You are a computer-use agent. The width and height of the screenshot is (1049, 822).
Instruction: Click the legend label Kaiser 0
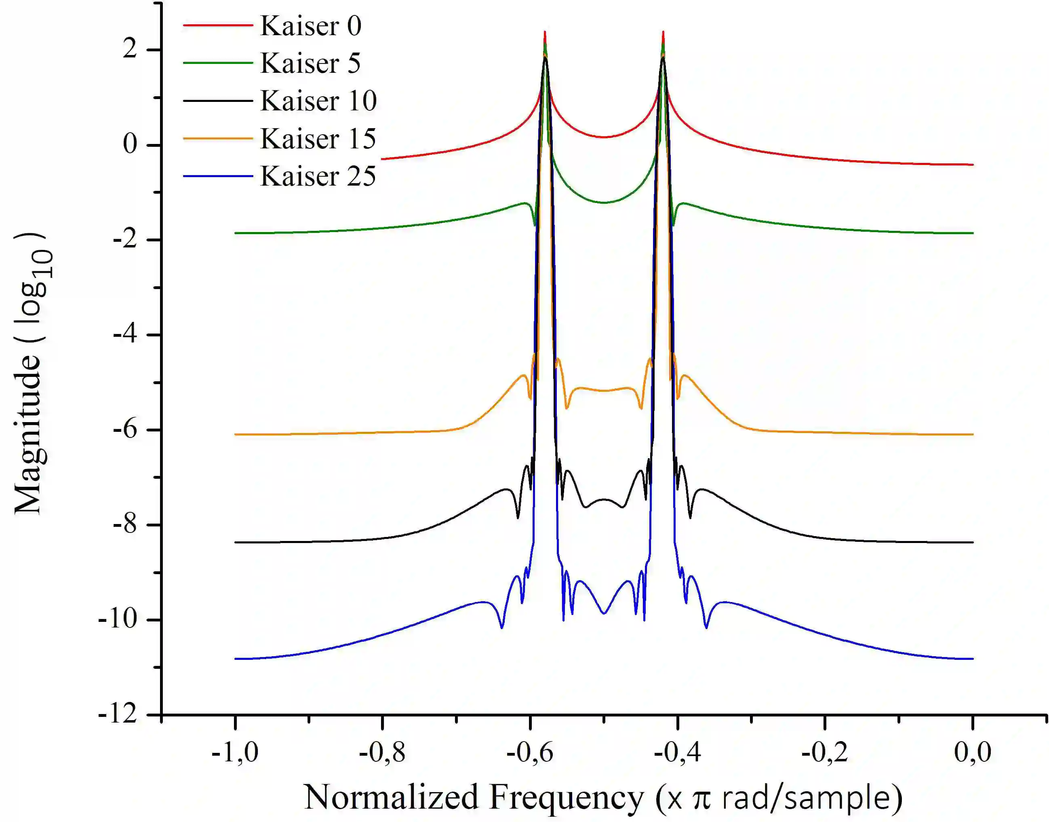310,26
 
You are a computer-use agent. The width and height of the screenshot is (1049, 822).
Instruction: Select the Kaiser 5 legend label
310,63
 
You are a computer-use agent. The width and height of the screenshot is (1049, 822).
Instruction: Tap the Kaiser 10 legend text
318,101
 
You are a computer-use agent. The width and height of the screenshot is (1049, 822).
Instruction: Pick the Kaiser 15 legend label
318,139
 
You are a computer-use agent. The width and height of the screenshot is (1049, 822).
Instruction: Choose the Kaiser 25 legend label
318,177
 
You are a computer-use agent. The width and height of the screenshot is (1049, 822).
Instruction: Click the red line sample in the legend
218,25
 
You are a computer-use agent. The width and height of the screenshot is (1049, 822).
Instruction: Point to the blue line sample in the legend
218,176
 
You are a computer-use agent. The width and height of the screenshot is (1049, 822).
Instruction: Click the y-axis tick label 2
129,49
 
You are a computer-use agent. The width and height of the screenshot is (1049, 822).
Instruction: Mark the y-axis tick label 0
129,144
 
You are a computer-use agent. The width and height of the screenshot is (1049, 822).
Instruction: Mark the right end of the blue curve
973,659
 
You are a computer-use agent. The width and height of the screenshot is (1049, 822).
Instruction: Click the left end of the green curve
236,233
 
